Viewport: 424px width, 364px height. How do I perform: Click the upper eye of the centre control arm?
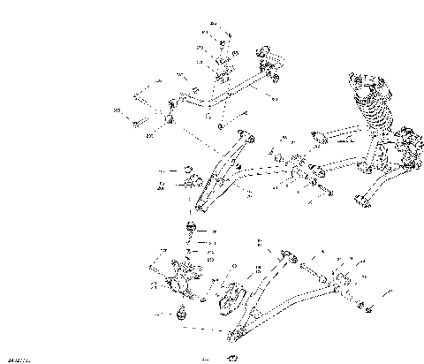point(248,137)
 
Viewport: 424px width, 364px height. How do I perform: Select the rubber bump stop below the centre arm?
point(189,231)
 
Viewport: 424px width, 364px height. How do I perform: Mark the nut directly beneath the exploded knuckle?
point(183,311)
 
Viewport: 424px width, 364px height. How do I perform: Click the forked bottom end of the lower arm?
point(233,333)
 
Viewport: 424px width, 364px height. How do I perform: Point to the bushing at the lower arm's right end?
point(338,284)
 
